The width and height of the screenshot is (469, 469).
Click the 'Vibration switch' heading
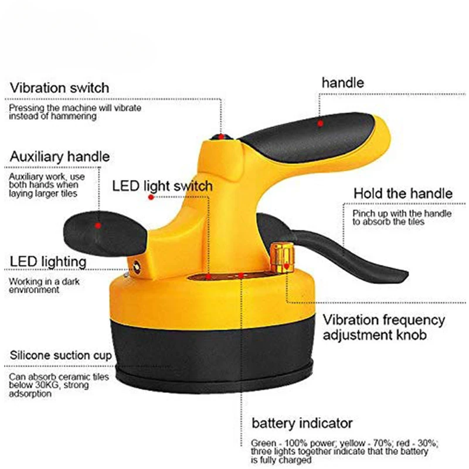pyautogui.click(x=59, y=88)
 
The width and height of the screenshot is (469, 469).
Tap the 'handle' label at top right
pyautogui.click(x=342, y=83)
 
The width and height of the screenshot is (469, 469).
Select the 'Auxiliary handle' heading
pyautogui.click(x=59, y=157)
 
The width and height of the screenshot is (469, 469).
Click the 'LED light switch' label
pyautogui.click(x=162, y=186)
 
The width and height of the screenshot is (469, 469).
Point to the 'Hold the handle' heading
pyautogui.click(x=402, y=193)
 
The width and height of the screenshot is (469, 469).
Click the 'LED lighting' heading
pyautogui.click(x=47, y=261)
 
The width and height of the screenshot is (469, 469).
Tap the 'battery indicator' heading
pyautogui.click(x=302, y=423)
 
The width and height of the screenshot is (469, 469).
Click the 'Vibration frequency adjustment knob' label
pyautogui.click(x=384, y=328)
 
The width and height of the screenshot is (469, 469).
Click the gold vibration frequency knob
pyautogui.click(x=282, y=257)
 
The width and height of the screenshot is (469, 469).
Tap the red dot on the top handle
pyautogui.click(x=321, y=124)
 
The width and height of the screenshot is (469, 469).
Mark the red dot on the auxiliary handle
pyautogui.click(x=98, y=225)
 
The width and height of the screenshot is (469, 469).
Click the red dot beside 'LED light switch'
pyautogui.click(x=151, y=198)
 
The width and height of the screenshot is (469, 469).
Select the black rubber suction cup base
pyautogui.click(x=223, y=358)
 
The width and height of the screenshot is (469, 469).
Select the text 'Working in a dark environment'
pyautogui.click(x=42, y=285)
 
